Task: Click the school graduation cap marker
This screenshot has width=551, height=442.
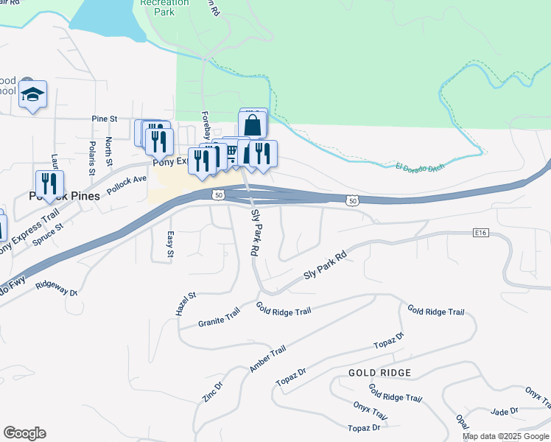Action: [32, 95]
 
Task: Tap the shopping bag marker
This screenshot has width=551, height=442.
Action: [252, 124]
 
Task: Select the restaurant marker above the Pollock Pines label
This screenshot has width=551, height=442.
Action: [49, 184]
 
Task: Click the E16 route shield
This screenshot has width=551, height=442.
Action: [481, 233]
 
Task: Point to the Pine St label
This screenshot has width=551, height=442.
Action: [105, 119]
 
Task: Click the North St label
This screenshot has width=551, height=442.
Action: [108, 150]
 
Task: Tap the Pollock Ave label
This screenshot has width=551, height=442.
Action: [127, 184]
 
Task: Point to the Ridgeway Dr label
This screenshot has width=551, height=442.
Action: [56, 287]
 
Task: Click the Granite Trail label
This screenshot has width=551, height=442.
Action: [220, 318]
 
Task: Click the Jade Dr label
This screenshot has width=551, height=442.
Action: [505, 411]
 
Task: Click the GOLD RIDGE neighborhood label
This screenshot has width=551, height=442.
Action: [379, 373]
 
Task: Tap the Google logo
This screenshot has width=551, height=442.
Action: [24, 433]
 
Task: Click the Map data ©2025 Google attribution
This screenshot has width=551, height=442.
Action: [505, 436]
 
